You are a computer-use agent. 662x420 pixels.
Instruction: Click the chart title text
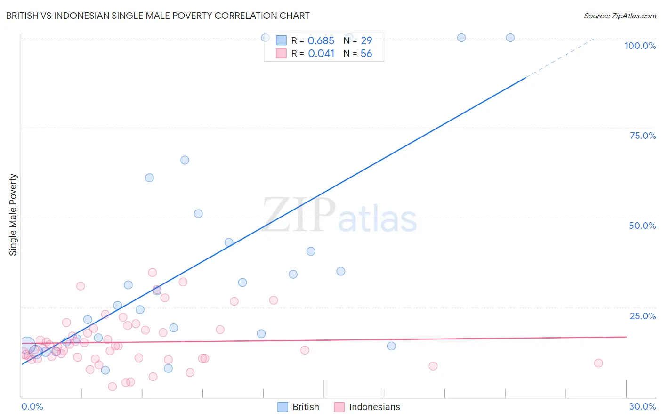pyautogui.click(x=158, y=16)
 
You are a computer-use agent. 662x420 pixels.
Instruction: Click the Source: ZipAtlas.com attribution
pyautogui.click(x=620, y=16)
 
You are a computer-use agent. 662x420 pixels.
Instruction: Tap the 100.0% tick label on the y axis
pyautogui.click(x=640, y=46)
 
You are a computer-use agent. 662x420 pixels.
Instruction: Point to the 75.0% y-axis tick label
pyautogui.click(x=643, y=136)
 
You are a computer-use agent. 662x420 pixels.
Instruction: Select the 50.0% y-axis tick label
pyautogui.click(x=642, y=226)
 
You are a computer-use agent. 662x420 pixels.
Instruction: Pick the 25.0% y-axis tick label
pyautogui.click(x=643, y=316)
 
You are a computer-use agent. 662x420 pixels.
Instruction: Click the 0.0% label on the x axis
pyautogui.click(x=32, y=406)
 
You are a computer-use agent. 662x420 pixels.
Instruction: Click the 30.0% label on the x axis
pyautogui.click(x=642, y=406)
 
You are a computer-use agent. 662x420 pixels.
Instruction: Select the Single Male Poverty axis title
pyautogui.click(x=13, y=215)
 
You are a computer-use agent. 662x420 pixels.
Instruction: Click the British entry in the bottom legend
pyautogui.click(x=305, y=407)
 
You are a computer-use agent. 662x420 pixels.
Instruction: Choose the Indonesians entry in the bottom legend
pyautogui.click(x=374, y=407)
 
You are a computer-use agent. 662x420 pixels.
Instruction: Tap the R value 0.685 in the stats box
pyautogui.click(x=321, y=41)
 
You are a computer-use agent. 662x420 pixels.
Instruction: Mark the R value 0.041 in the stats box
pyautogui.click(x=321, y=54)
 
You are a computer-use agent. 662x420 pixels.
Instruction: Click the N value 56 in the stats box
pyautogui.click(x=366, y=54)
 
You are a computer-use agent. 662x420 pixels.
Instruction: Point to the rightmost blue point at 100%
pyautogui.click(x=510, y=38)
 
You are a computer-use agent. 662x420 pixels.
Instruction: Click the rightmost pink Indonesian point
pyautogui.click(x=598, y=363)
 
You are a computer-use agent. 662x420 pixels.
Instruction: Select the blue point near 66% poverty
pyautogui.click(x=185, y=160)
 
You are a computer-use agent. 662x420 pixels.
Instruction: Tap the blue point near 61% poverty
pyautogui.click(x=149, y=178)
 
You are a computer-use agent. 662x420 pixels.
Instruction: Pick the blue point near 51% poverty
pyautogui.click(x=198, y=214)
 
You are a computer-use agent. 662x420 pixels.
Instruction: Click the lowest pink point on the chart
pyautogui.click(x=113, y=387)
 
